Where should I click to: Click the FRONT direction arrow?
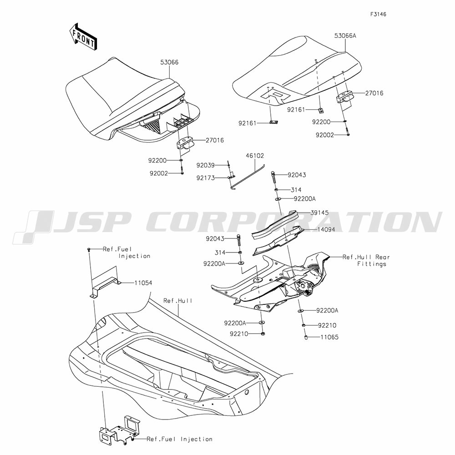(83, 36)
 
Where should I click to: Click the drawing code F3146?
(378, 14)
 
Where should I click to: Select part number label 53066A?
(345, 35)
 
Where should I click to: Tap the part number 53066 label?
(169, 62)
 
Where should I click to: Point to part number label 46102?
(255, 156)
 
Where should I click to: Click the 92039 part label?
(206, 165)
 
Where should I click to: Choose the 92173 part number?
(206, 178)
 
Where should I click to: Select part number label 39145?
(319, 212)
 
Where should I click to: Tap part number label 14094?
(326, 229)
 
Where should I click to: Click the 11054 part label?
(143, 283)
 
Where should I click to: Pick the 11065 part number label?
(329, 337)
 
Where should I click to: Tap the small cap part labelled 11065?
(306, 337)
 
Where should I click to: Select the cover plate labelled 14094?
(278, 241)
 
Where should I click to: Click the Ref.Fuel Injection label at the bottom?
(179, 439)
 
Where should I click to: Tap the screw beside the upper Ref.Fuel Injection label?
(89, 250)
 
